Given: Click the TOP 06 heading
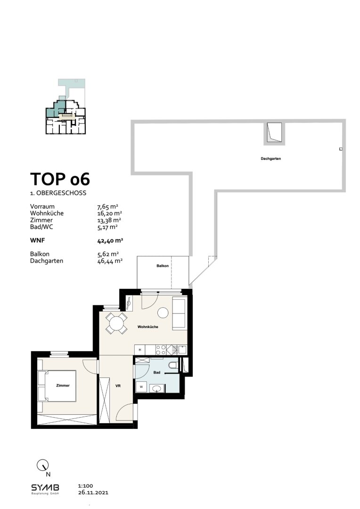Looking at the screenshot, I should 60,180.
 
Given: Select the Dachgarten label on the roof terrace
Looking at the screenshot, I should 271,159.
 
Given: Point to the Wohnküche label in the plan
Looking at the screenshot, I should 147,327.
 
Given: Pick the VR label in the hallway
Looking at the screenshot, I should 118,386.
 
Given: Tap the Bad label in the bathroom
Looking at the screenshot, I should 157,373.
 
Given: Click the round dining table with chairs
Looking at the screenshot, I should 116,323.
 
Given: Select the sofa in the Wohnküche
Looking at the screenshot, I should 179,314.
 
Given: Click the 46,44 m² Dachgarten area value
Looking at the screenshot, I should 109,260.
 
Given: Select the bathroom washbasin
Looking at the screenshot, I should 157,389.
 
